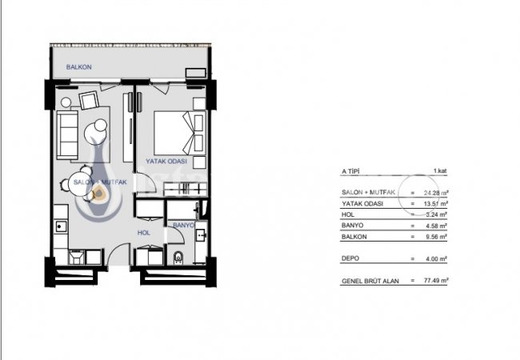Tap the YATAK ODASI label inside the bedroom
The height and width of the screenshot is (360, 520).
[x=166, y=161]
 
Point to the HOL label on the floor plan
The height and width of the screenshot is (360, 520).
[x=144, y=233]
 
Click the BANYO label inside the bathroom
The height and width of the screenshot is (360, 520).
[x=185, y=225]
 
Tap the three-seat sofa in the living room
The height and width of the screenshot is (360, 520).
[x=66, y=131]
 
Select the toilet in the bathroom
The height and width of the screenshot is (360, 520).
[x=179, y=258]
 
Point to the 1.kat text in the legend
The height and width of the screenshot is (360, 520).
[x=439, y=171]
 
